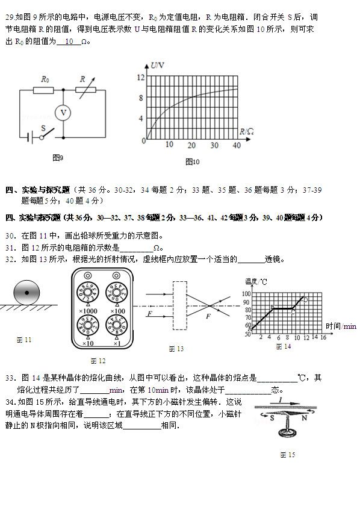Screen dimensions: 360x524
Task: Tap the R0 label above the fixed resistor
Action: click(45, 79)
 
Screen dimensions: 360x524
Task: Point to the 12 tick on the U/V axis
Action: click(141, 77)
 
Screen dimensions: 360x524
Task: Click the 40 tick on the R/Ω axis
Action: click(236, 145)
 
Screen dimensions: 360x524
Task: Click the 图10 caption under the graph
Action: click(193, 161)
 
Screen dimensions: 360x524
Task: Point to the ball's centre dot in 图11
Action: click(26, 293)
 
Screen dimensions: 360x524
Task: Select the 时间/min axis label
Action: click(341, 326)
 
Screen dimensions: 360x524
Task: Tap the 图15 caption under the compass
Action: click(287, 455)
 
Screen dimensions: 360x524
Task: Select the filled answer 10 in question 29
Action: click(69, 42)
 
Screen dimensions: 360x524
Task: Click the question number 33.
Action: click(10, 378)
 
